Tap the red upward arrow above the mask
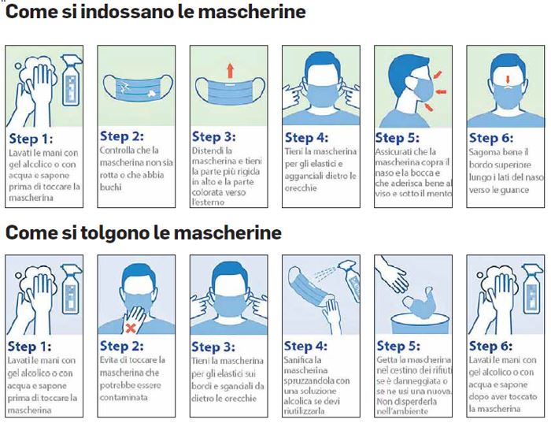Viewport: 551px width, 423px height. click(x=230, y=70)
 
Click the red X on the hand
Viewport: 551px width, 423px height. click(x=131, y=328)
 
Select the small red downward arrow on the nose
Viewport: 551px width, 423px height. click(x=507, y=80)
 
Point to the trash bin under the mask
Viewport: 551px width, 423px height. click(x=420, y=324)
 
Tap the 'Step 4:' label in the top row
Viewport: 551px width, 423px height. click(x=306, y=138)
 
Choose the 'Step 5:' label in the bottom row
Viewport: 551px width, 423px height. click(x=398, y=346)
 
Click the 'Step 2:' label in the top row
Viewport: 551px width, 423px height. click(x=121, y=136)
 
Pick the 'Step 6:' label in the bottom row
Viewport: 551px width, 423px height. click(x=490, y=346)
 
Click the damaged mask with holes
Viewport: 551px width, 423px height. click(x=138, y=89)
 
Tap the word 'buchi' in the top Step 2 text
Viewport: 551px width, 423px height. click(x=111, y=187)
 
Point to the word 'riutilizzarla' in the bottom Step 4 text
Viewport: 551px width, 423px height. click(x=305, y=411)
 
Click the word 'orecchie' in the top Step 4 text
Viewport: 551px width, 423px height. click(x=301, y=188)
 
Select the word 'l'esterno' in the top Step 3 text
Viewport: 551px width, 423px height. click(x=208, y=202)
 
